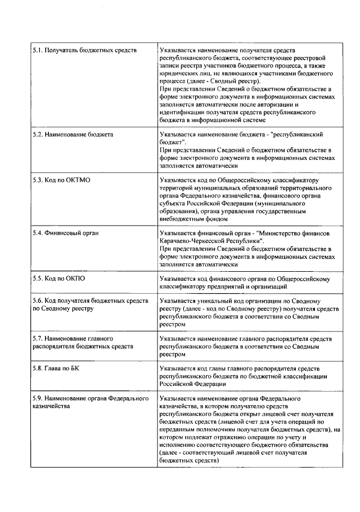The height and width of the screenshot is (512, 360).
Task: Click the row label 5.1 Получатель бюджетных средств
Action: coord(84,51)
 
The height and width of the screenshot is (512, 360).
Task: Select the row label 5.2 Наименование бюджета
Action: coord(73,136)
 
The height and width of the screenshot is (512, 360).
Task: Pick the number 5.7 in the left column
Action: coord(38,339)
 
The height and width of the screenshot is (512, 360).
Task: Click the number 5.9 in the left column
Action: coord(38,398)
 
